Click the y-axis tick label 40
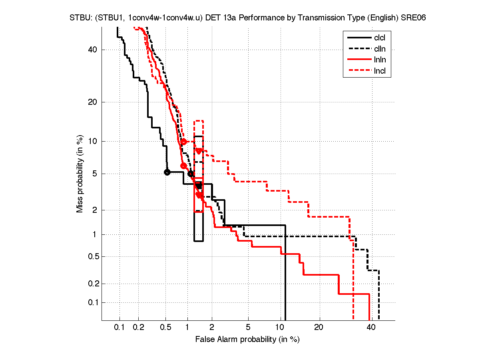(x=93, y=50)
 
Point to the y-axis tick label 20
(x=93, y=102)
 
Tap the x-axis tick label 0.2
(x=139, y=328)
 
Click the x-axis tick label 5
(x=248, y=328)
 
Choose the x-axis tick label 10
(x=281, y=328)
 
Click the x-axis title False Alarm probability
(x=247, y=340)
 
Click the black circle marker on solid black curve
(x=167, y=172)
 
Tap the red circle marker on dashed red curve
(x=183, y=142)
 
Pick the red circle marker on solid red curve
(x=183, y=166)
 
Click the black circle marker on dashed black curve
(x=191, y=173)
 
